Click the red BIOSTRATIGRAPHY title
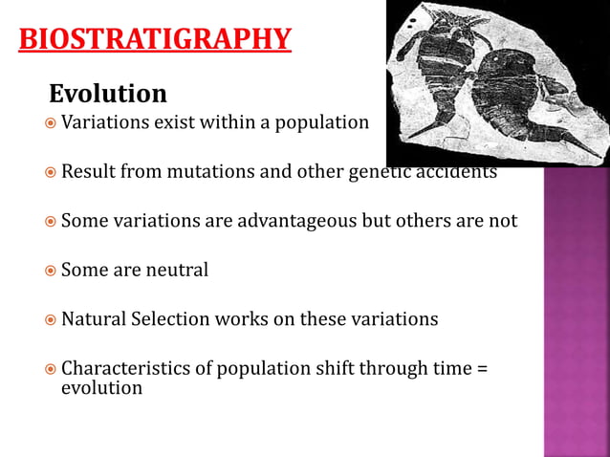click(x=155, y=39)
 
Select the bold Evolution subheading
click(x=107, y=94)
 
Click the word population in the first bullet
click(x=321, y=122)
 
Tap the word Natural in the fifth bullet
click(x=96, y=319)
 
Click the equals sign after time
click(x=481, y=369)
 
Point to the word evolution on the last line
click(x=101, y=387)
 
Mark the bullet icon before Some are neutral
click(x=51, y=271)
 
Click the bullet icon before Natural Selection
click(x=51, y=320)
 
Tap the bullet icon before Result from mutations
click(x=51, y=173)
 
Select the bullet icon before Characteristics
click(x=51, y=369)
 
